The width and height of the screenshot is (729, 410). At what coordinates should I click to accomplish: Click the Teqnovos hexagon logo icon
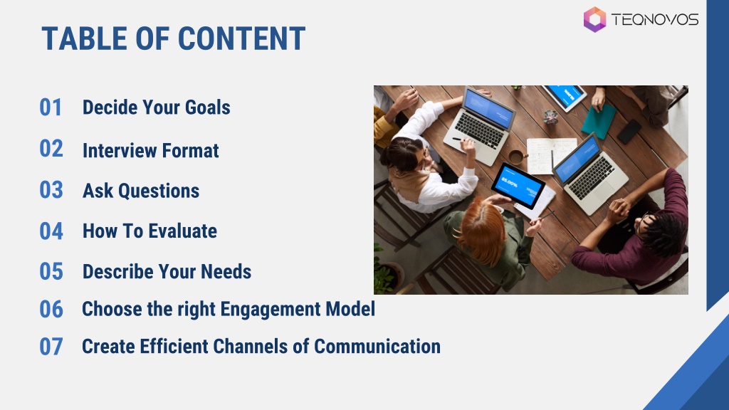594,19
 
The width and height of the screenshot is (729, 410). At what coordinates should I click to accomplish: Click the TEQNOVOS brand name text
655,19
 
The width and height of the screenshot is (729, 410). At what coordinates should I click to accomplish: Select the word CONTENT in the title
241,38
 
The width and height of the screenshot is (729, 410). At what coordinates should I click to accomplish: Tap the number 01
51,107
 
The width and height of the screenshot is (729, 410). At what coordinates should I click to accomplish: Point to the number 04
51,231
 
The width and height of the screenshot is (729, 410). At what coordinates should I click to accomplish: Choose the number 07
51,347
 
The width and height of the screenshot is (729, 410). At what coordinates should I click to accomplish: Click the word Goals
207,107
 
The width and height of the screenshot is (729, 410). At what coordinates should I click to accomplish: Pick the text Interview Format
151,151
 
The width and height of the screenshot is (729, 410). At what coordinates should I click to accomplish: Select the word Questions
159,191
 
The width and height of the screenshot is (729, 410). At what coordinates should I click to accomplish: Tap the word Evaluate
182,231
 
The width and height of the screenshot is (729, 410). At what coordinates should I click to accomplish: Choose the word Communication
377,347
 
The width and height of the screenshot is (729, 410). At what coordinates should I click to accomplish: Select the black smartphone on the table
629,132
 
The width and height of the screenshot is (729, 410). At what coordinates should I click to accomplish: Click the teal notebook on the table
598,121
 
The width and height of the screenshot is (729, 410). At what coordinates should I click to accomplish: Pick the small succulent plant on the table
550,117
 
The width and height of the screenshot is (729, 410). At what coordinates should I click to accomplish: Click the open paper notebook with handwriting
551,155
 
